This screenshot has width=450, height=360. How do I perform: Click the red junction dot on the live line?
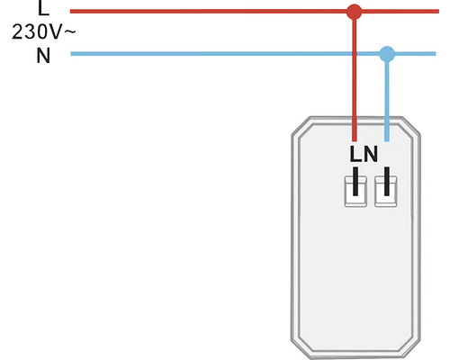click(x=355, y=12)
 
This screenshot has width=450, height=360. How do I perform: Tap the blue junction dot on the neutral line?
click(x=387, y=54)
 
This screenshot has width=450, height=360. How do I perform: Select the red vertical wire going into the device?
click(x=355, y=81)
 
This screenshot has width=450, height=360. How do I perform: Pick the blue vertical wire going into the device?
click(x=387, y=99)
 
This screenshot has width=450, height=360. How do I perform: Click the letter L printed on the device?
click(x=356, y=155)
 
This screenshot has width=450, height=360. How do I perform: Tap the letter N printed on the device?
click(x=371, y=155)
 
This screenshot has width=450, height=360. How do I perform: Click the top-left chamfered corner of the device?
click(x=300, y=127)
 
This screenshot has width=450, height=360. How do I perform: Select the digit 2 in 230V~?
click(x=18, y=33)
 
